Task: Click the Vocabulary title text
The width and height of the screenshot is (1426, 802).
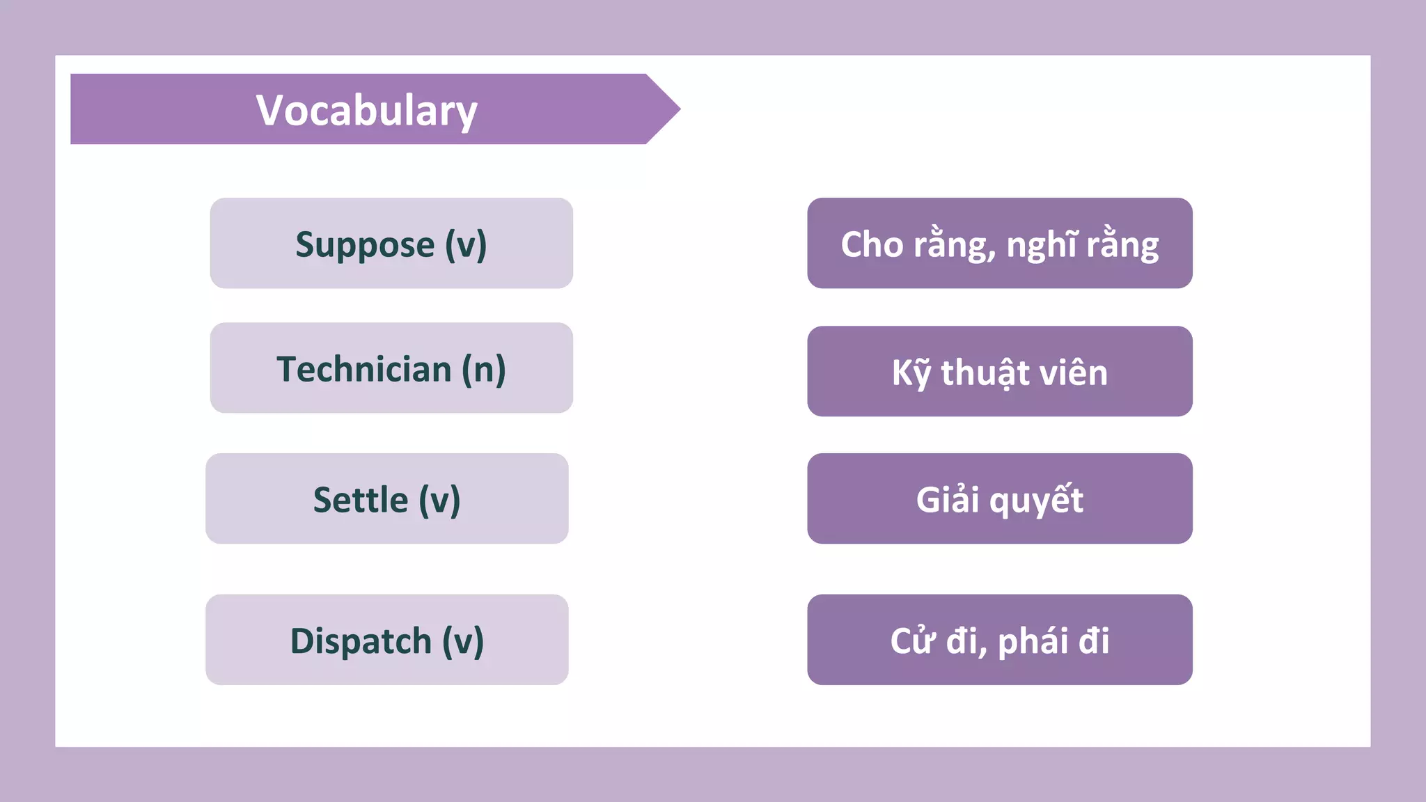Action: coord(366,111)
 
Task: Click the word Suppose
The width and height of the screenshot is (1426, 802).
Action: coord(365,245)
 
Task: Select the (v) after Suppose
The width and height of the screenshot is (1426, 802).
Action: coord(466,245)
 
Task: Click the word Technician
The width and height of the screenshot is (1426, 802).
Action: coord(364,369)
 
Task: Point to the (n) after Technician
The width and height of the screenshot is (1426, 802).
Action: coord(484,369)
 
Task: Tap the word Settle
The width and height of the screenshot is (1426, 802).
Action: coord(360,500)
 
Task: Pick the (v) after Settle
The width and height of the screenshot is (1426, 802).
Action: coord(439,500)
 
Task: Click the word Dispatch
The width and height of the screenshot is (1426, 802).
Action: coord(361,640)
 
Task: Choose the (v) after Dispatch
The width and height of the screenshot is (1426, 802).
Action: coord(463,640)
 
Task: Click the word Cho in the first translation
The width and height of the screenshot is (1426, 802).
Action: coord(872,245)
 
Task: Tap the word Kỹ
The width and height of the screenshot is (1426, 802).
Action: coord(911,373)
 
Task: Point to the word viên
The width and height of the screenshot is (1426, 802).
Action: coord(1073,373)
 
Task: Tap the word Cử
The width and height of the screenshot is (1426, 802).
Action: coord(912,640)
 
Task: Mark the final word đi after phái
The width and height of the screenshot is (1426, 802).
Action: coord(1094,640)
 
